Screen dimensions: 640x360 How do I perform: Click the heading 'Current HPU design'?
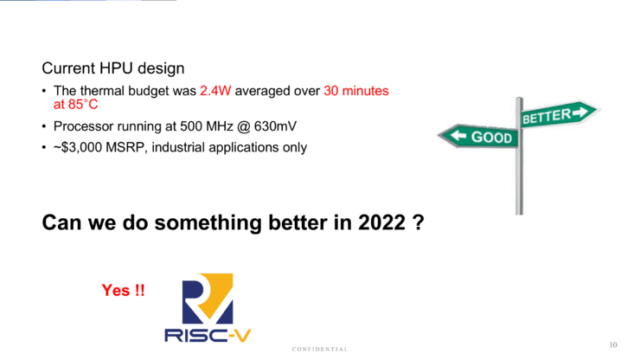click(113, 68)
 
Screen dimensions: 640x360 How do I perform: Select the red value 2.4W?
click(215, 91)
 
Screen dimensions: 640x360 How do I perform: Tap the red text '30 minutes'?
click(356, 91)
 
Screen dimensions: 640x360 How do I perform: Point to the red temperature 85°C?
click(83, 105)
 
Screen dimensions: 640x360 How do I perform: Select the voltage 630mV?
click(275, 126)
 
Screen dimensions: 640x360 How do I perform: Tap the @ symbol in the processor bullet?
click(243, 126)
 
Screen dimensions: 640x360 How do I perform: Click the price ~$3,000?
click(78, 147)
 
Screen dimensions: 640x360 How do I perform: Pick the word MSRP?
click(125, 147)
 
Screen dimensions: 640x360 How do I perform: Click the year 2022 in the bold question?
click(382, 222)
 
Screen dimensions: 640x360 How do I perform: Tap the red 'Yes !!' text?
click(124, 291)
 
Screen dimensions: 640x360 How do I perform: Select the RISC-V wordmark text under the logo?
click(208, 336)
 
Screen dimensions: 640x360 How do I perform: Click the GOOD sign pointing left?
click(478, 137)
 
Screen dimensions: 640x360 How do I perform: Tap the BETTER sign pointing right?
click(560, 114)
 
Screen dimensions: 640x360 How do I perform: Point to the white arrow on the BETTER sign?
click(580, 112)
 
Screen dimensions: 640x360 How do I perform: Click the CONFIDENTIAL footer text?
click(320, 350)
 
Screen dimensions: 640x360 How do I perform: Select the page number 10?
click(613, 345)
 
